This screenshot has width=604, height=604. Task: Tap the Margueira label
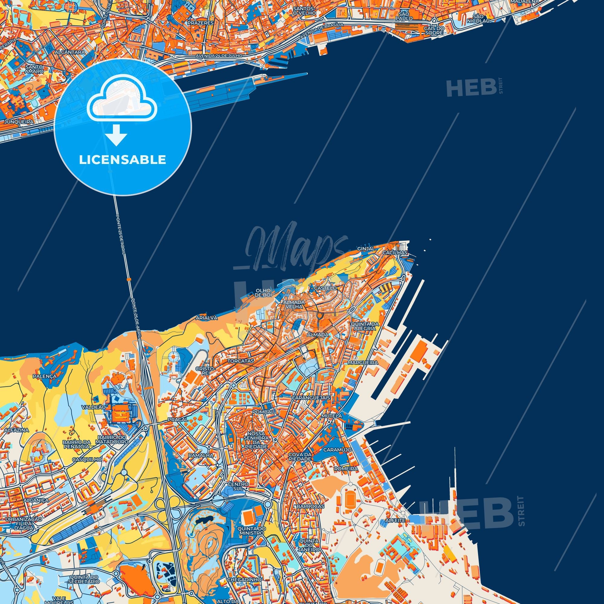pos(363,363)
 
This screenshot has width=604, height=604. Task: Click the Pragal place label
pos(178,419)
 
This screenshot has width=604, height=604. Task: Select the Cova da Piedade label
pos(300,457)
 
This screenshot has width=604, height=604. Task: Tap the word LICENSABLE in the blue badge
pos(123,160)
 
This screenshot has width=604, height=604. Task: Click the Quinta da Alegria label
pos(365,326)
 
